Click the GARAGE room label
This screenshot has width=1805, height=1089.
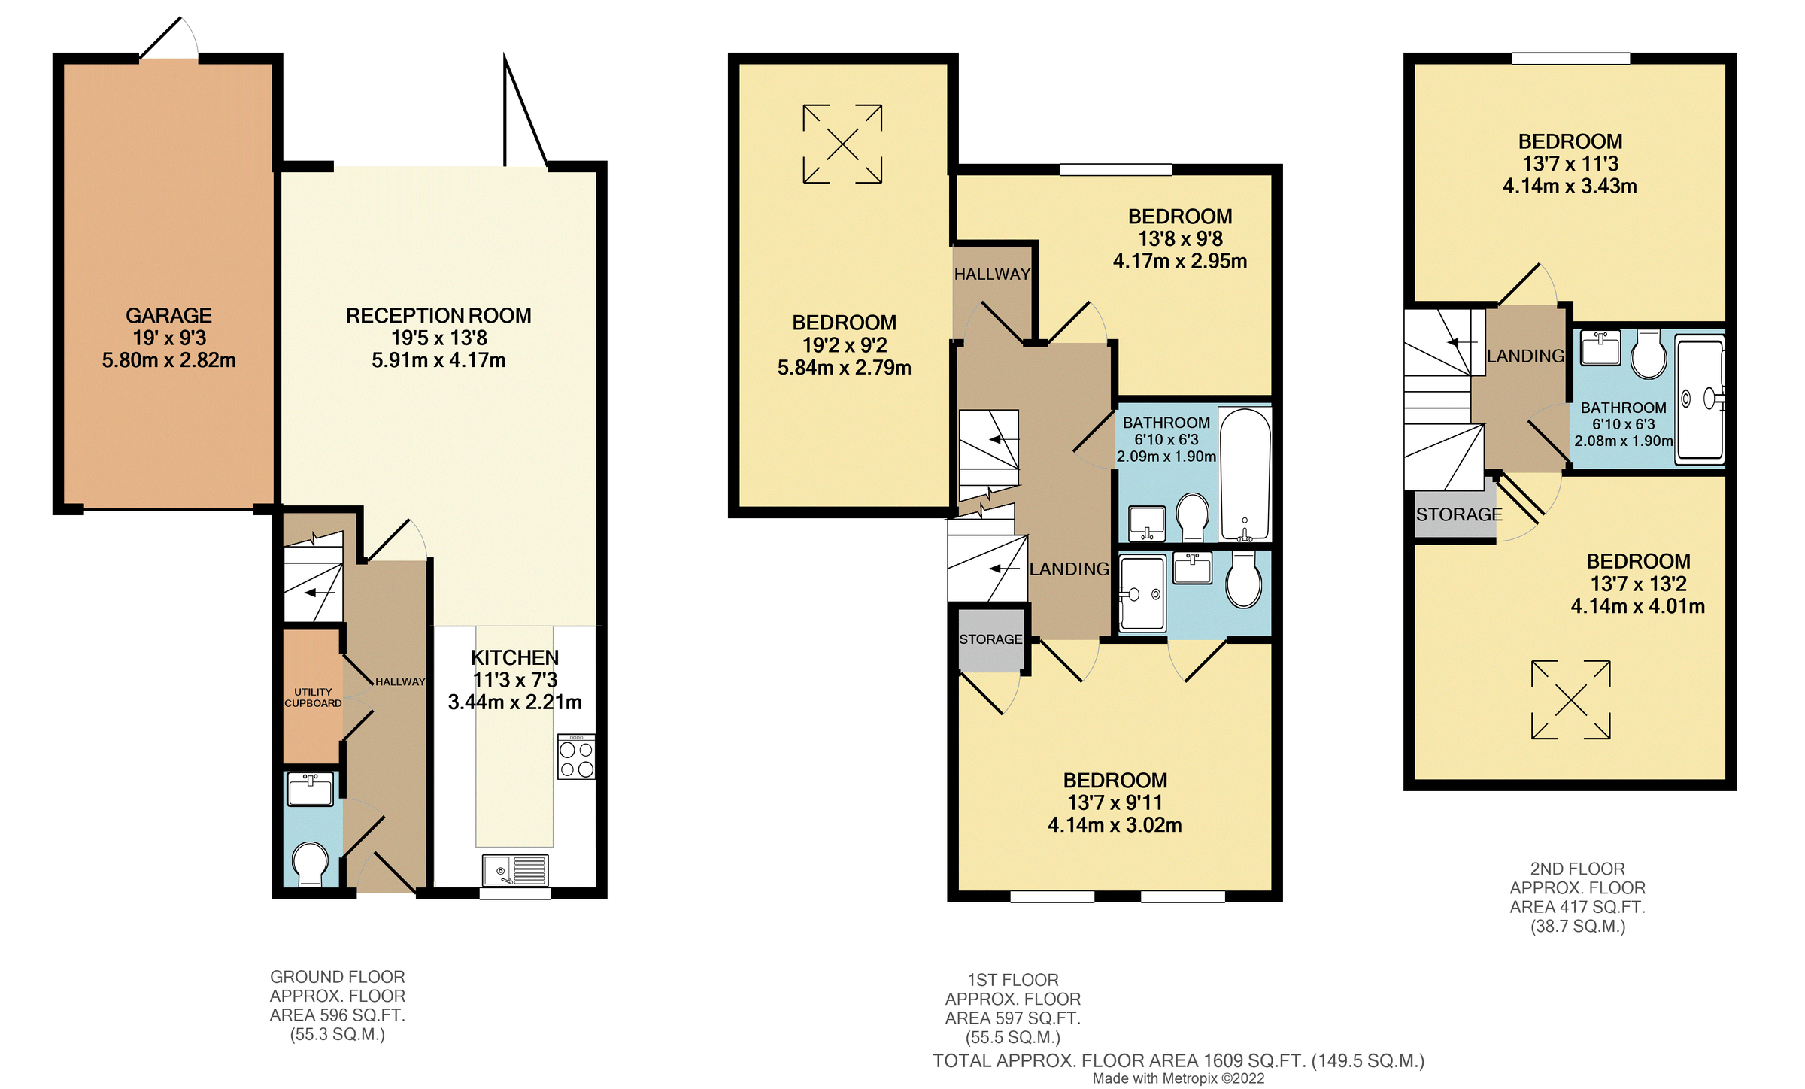click(x=168, y=316)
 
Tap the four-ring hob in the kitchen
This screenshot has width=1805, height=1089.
click(x=576, y=757)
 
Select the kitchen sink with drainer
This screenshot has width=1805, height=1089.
click(x=515, y=871)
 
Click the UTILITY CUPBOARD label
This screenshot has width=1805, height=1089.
click(x=313, y=697)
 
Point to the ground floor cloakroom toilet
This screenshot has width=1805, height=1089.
click(x=310, y=863)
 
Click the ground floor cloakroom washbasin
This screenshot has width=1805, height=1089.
click(x=310, y=790)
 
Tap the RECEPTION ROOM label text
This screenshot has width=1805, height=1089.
click(x=438, y=316)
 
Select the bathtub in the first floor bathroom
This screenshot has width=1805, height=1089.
click(x=1245, y=474)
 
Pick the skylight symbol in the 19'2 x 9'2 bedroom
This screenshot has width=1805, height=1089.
click(x=842, y=144)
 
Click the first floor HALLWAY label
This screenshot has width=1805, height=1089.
click(x=991, y=275)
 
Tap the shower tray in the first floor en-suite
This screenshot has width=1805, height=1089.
click(x=1142, y=593)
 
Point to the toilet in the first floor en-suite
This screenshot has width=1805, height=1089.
click(x=1244, y=581)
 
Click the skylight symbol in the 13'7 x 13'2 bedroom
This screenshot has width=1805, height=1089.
click(x=1570, y=700)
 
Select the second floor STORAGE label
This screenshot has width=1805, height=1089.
click(x=1458, y=514)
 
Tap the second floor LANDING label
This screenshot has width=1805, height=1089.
click(x=1525, y=356)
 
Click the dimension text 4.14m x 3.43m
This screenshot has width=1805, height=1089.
click(x=1570, y=186)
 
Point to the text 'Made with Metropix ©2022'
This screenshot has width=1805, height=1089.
click(x=1178, y=1078)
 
